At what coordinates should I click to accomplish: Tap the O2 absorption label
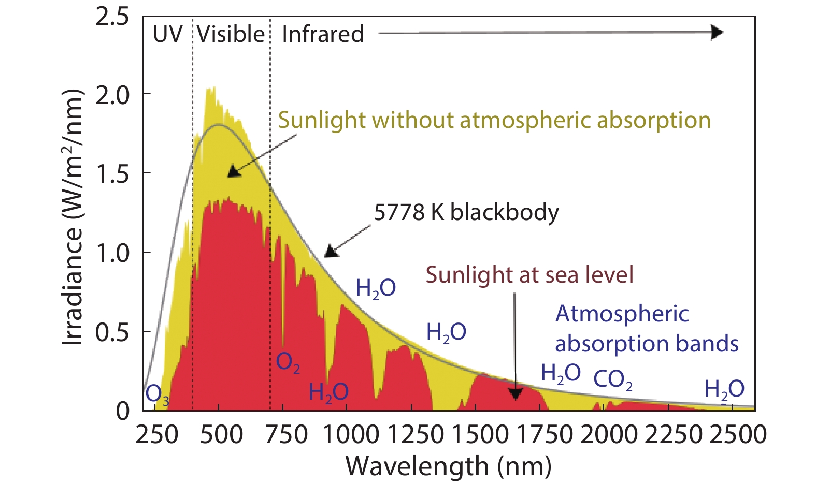[x=288, y=362]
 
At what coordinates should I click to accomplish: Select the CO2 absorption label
[x=612, y=380]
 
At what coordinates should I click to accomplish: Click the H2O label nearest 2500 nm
[x=724, y=390]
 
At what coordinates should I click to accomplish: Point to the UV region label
[x=167, y=35]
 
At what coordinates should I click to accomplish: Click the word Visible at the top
[x=231, y=35]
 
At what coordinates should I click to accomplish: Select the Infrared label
[x=323, y=35]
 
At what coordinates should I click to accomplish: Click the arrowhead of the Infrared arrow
[x=717, y=33]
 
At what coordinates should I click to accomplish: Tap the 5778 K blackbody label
[x=466, y=212]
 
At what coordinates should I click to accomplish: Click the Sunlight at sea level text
[x=529, y=275]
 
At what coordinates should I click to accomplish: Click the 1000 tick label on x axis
[x=351, y=434]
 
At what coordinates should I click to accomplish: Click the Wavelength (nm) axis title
[x=448, y=466]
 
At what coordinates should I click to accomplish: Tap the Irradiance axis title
[x=73, y=217]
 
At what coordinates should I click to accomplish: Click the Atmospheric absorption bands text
[x=646, y=329]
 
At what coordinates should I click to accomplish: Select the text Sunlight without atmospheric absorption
[x=494, y=120]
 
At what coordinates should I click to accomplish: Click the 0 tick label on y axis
[x=122, y=411]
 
